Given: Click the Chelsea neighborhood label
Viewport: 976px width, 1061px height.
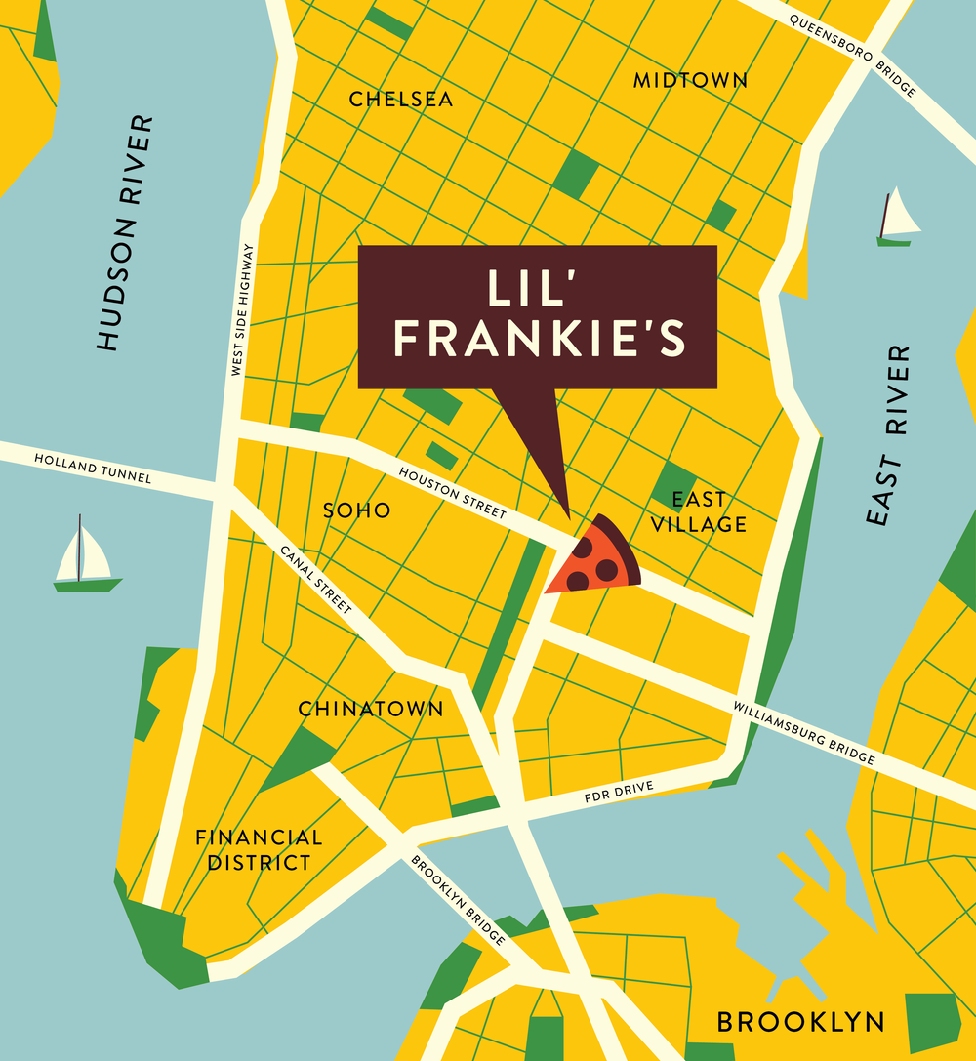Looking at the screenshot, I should point(401,100).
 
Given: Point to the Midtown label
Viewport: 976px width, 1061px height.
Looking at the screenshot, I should point(690,81).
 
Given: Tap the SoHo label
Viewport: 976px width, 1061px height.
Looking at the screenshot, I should point(356,510).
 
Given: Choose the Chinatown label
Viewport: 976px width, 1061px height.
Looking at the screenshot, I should point(370,709).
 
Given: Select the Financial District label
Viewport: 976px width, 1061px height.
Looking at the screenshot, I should point(258,850).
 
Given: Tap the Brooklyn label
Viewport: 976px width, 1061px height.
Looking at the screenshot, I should point(801,1022).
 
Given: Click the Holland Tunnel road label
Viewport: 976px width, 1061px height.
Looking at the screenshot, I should point(93,469).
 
